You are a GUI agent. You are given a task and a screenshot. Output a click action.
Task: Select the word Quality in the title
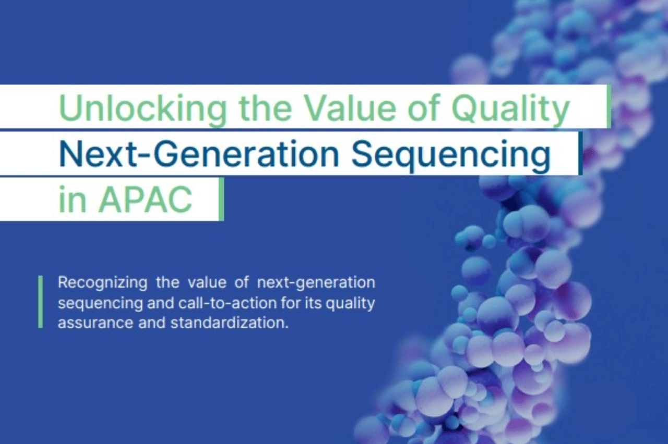511,109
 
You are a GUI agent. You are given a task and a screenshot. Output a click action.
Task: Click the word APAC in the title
145,199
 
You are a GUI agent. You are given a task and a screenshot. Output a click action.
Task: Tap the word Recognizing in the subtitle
103,283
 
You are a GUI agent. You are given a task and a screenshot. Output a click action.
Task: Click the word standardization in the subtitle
229,323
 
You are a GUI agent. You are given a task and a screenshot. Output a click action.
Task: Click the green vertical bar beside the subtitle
40,302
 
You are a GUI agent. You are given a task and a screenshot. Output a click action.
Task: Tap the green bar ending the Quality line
609,106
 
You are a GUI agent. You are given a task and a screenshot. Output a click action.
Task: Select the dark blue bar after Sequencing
580,153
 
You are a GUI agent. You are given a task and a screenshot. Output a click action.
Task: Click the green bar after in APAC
221,199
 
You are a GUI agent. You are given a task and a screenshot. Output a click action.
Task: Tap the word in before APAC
73,199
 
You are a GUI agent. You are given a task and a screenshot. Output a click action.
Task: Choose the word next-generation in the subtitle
316,283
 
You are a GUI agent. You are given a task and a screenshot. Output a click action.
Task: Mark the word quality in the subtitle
350,304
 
